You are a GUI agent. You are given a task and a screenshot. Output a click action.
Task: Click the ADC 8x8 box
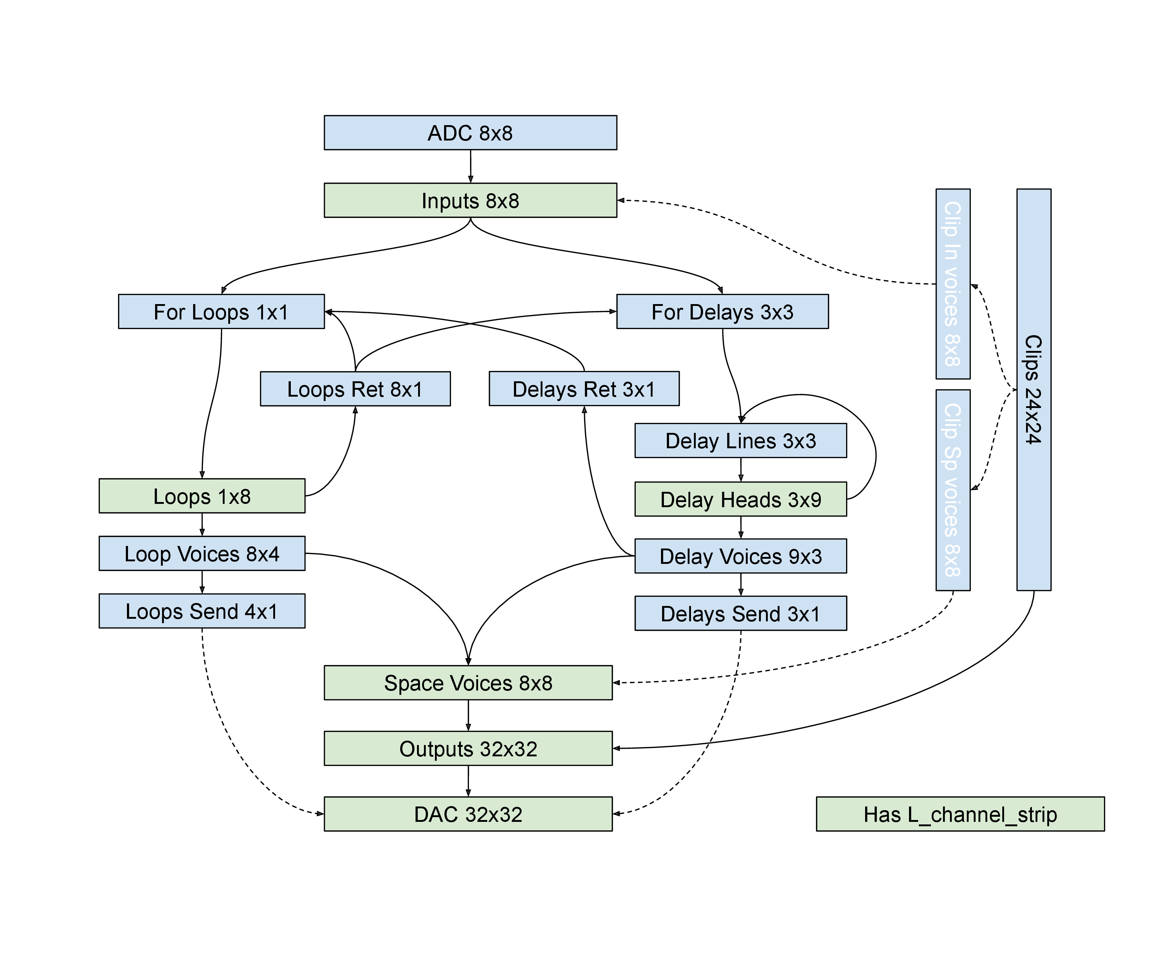(470, 133)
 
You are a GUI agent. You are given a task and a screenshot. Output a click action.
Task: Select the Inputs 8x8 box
(470, 200)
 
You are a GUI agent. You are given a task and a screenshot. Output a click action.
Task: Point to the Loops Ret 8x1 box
(355, 389)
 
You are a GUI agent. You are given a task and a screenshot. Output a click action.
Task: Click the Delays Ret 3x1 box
(584, 389)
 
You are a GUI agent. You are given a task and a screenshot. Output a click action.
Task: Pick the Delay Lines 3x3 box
(740, 441)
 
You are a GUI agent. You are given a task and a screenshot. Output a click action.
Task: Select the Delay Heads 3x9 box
(740, 499)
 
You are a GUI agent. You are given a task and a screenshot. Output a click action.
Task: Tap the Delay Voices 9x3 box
(740, 556)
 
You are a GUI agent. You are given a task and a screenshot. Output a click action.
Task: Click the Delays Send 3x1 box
(740, 613)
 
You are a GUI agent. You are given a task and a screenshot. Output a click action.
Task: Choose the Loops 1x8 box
(202, 496)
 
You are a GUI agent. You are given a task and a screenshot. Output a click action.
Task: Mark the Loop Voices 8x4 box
(202, 554)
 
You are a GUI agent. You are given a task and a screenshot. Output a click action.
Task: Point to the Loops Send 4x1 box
(202, 611)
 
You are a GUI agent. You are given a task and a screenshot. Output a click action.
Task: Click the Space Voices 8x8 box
(468, 683)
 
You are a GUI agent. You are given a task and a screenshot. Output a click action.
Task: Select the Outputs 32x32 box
(468, 749)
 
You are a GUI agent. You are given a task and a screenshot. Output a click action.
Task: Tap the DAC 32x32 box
(468, 814)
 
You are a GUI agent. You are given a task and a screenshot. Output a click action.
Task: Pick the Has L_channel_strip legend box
(960, 814)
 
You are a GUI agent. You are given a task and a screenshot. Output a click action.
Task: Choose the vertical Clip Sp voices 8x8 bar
(953, 490)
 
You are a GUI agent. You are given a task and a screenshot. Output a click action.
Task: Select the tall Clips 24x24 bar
(1033, 390)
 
